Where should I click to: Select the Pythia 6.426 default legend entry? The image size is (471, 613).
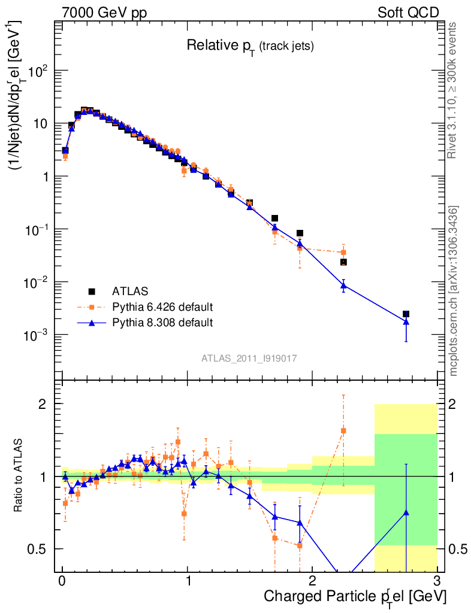pyautogui.click(x=162, y=307)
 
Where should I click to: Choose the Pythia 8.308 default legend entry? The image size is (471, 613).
pyautogui.click(x=162, y=323)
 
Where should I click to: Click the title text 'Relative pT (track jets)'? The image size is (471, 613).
pyautogui.click(x=250, y=45)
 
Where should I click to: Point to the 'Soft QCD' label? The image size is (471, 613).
pyautogui.click(x=408, y=13)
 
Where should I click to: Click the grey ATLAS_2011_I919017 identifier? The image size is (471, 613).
pyautogui.click(x=249, y=358)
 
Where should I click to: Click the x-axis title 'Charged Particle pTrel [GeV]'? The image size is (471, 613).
pyautogui.click(x=355, y=596)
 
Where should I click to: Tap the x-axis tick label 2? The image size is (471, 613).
pyautogui.click(x=312, y=581)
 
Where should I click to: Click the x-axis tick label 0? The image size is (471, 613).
pyautogui.click(x=62, y=581)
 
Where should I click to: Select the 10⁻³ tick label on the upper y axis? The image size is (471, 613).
pyautogui.click(x=38, y=335)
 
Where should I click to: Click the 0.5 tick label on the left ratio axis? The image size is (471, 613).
pyautogui.click(x=37, y=549)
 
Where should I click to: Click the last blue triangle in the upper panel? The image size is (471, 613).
pyautogui.click(x=406, y=321)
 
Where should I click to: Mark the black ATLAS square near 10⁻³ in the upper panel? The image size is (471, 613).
pyautogui.click(x=406, y=314)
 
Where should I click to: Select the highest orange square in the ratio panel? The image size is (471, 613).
pyautogui.click(x=343, y=430)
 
